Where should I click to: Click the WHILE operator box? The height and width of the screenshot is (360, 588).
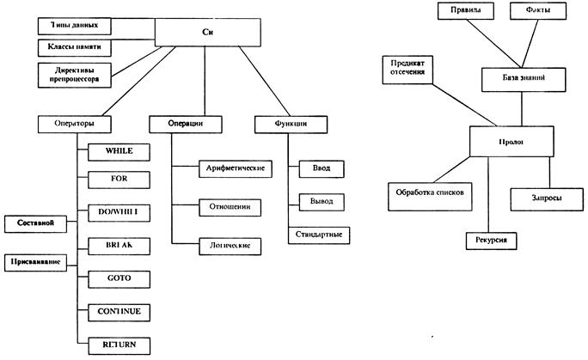121,151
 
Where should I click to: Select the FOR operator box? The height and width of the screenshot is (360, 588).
121,180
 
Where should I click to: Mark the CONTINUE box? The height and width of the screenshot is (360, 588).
121,310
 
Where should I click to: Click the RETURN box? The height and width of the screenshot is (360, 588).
121,343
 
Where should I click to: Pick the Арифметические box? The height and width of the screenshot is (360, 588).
235,167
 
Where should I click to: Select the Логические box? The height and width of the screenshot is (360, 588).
230,245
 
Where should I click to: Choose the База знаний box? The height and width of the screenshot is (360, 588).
524,78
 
